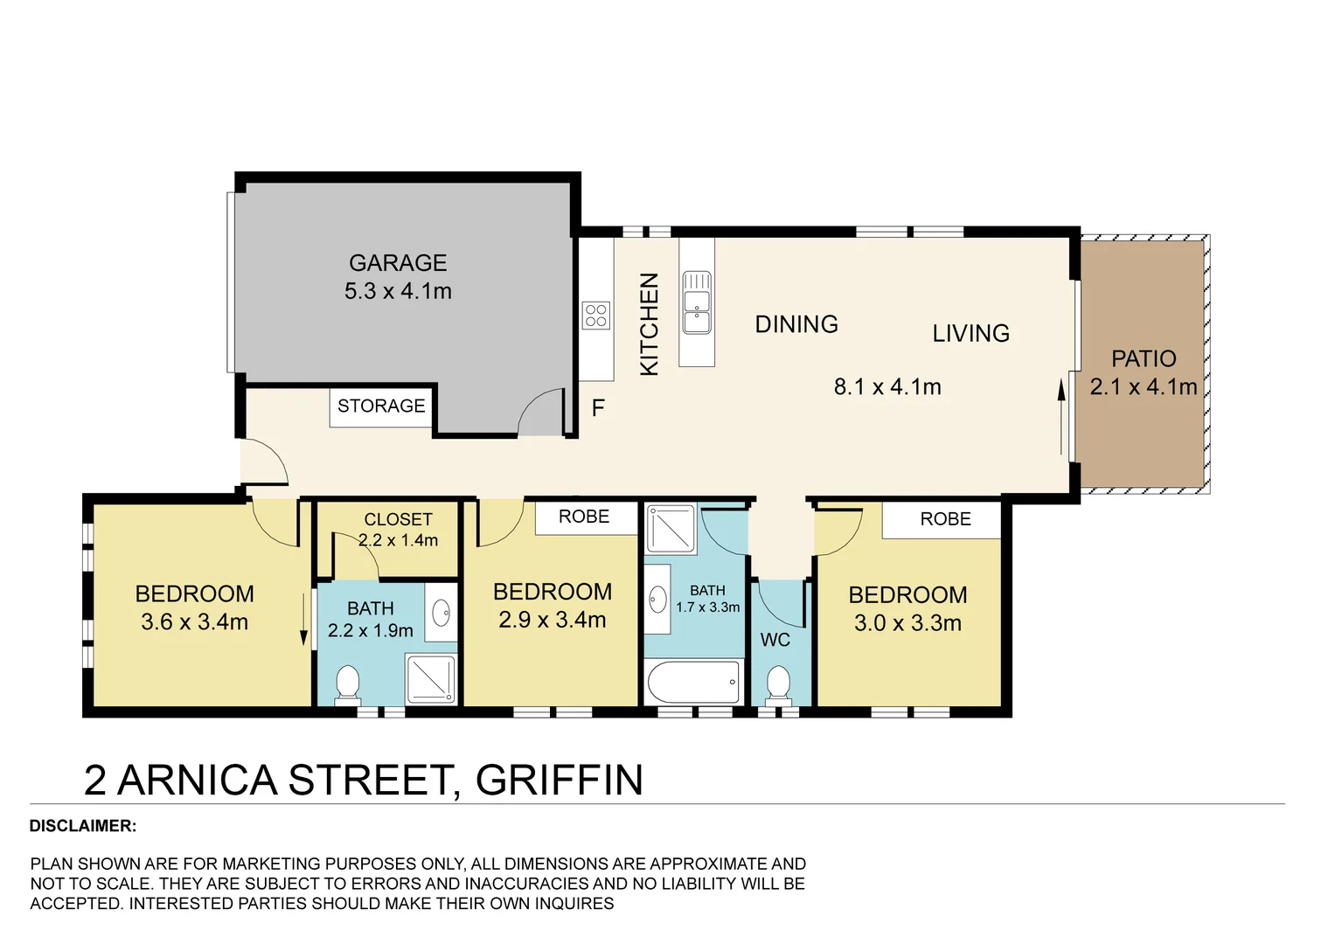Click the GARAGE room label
pyautogui.click(x=398, y=263)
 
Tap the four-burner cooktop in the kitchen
pyautogui.click(x=596, y=316)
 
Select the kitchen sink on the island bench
pyautogui.click(x=697, y=302)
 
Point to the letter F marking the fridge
pyautogui.click(x=598, y=408)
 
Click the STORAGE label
pyautogui.click(x=381, y=406)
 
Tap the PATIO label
pyautogui.click(x=1144, y=359)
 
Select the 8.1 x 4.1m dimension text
pyautogui.click(x=887, y=387)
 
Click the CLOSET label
pyautogui.click(x=398, y=519)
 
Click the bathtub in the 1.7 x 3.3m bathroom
pyautogui.click(x=693, y=682)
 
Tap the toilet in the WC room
pyautogui.click(x=778, y=684)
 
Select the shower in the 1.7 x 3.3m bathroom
pyautogui.click(x=671, y=529)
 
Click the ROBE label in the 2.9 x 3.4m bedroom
pyautogui.click(x=584, y=517)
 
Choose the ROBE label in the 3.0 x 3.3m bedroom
pyautogui.click(x=945, y=519)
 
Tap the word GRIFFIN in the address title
pyautogui.click(x=560, y=781)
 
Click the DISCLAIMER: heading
pyautogui.click(x=83, y=826)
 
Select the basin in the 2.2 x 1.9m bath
pyautogui.click(x=442, y=613)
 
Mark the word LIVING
pyautogui.click(x=970, y=334)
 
